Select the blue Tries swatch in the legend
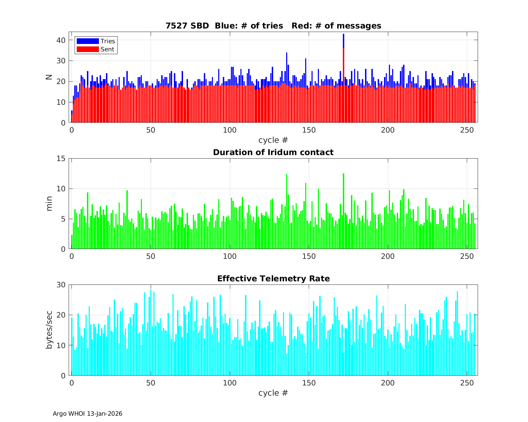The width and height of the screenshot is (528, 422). coord(88,41)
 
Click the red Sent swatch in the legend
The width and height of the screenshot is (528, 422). coord(88,49)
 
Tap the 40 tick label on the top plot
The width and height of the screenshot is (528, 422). coord(61,40)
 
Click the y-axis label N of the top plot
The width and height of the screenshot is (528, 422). coord(49,77)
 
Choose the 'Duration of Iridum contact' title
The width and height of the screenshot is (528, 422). coord(273,152)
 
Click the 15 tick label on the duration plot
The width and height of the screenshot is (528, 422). coord(61,159)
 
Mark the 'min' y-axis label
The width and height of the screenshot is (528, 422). coord(49,204)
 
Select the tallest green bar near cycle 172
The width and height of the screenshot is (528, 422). coord(344,211)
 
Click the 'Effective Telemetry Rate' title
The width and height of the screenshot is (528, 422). coord(273,279)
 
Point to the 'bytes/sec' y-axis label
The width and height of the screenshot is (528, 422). coord(49,330)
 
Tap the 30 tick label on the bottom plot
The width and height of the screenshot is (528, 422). coord(61,285)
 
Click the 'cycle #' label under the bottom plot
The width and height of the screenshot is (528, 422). coord(273,393)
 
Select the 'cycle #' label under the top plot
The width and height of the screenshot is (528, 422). coord(273,140)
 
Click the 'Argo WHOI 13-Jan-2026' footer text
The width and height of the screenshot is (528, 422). coord(88,414)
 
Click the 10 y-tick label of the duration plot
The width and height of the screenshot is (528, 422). coord(61,189)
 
